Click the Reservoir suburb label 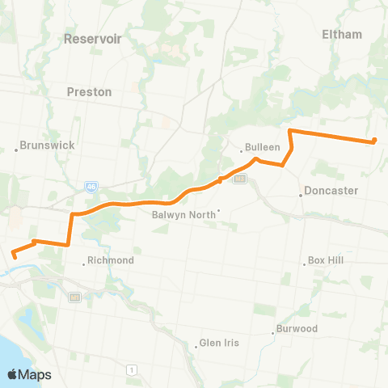click(x=91, y=38)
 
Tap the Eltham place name click(x=342, y=34)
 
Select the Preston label click(x=89, y=92)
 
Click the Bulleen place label click(x=264, y=148)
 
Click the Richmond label click(x=111, y=261)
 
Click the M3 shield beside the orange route click(x=238, y=179)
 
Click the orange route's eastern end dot click(x=374, y=141)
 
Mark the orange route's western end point click(x=15, y=257)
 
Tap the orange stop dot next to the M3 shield click(x=221, y=180)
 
